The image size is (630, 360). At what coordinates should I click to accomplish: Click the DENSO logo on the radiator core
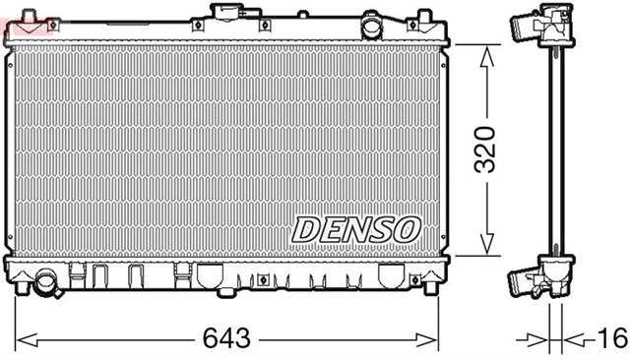(355, 229)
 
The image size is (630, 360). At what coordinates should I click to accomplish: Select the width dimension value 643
(225, 339)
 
